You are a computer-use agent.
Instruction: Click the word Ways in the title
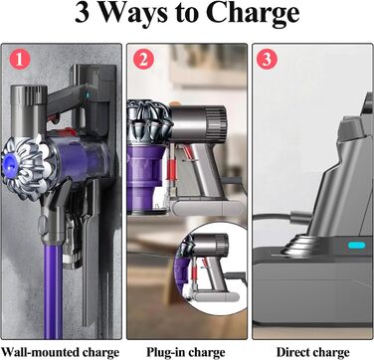point(140,17)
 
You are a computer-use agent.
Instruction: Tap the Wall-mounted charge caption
point(61,351)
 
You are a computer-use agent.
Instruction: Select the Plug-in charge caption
point(185,351)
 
